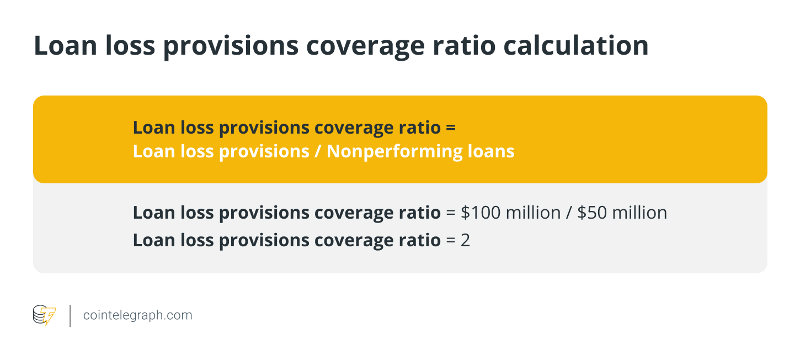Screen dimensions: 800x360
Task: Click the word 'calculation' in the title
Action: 575,45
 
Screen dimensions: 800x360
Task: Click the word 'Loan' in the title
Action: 65,45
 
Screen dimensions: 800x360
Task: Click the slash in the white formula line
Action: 318,151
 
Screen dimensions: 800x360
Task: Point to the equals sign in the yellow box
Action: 451,128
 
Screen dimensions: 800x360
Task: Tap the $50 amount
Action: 592,213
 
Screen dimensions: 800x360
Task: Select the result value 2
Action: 465,240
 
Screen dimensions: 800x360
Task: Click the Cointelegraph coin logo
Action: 44,315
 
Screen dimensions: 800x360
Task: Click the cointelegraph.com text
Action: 137,315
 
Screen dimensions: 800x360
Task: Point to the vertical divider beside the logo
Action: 70,316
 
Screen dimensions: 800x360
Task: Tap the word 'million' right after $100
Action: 533,213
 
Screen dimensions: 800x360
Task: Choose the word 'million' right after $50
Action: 639,213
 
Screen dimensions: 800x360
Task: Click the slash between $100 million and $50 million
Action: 569,213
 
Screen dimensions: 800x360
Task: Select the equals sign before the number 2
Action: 451,240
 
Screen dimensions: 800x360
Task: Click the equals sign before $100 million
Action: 451,213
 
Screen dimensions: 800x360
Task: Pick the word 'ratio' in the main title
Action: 464,45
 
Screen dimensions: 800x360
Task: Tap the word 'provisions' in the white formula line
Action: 264,152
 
